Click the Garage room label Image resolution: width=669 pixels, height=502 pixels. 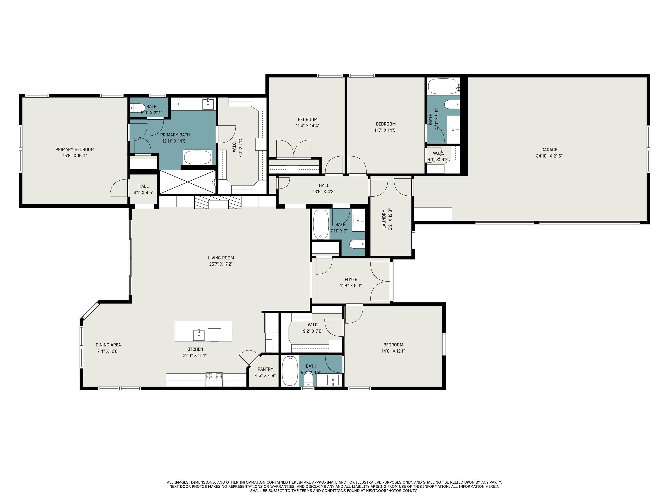point(549,150)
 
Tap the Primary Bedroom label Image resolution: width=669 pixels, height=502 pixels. point(75,149)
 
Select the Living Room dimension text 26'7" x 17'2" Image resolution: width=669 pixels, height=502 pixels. point(221,264)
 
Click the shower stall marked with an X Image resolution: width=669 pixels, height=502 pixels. point(188,182)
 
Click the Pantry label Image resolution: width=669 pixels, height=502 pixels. point(265,369)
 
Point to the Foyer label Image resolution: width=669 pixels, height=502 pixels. point(351,280)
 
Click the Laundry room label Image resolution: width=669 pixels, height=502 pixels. point(384,219)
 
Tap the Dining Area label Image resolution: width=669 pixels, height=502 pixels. point(108,345)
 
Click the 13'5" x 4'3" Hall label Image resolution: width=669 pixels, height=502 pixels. point(324,185)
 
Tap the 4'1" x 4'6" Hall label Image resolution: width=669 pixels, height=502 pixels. point(143,186)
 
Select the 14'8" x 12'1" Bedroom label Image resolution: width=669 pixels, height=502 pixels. point(393,345)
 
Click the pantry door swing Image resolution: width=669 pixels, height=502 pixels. point(250,357)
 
